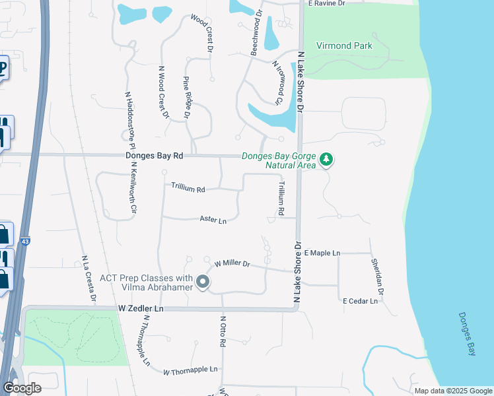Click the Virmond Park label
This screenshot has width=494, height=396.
(x=344, y=46)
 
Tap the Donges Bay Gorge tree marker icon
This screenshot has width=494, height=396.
(x=326, y=160)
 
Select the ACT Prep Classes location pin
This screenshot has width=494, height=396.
(x=203, y=283)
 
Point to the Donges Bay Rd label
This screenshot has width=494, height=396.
(x=154, y=156)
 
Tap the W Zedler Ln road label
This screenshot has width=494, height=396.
(x=140, y=309)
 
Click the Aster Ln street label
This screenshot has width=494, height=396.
(x=213, y=220)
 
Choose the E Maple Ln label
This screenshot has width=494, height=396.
(x=322, y=253)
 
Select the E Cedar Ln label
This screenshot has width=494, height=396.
(x=360, y=301)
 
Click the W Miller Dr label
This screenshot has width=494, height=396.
(x=232, y=264)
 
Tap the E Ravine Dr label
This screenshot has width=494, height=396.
(x=327, y=3)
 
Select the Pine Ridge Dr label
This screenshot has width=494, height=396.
(x=186, y=97)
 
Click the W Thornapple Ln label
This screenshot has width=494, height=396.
(x=190, y=370)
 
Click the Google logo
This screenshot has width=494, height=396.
(x=22, y=388)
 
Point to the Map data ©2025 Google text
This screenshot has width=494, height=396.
(x=452, y=391)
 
